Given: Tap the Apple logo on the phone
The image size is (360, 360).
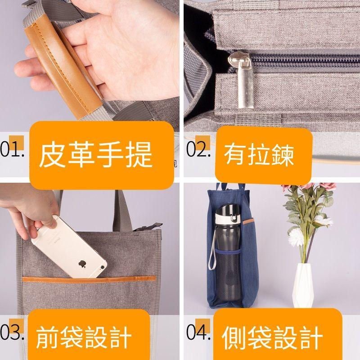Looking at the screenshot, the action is pos(82,264).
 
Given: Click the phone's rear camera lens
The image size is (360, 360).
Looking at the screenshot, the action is pos(103,267).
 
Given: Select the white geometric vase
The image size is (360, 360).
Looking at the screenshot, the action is pos(303,285).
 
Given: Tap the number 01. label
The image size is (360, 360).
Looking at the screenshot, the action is pos(12,149).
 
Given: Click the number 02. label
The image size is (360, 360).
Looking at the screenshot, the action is pos(198,149).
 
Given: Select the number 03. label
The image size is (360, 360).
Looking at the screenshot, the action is pos(12,332).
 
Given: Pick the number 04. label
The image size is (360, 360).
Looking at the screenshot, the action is pos(198,332).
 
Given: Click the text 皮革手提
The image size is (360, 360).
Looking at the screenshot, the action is pos(96,154).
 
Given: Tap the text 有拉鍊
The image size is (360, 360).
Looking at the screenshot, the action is pos(259,154).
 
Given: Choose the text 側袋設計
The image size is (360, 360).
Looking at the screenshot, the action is pos(272,337).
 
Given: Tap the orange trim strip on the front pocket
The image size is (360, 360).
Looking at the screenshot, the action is pos(89,279).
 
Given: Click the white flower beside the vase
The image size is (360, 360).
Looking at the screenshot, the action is pos(296,237).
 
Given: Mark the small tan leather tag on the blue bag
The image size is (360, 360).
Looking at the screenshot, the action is pos(249,221).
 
